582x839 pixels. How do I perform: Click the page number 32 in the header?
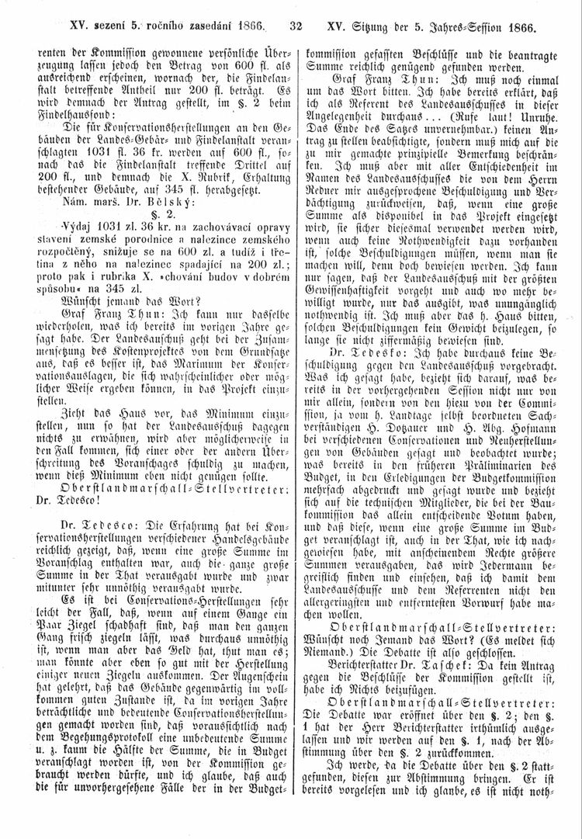pyautogui.click(x=295, y=26)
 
